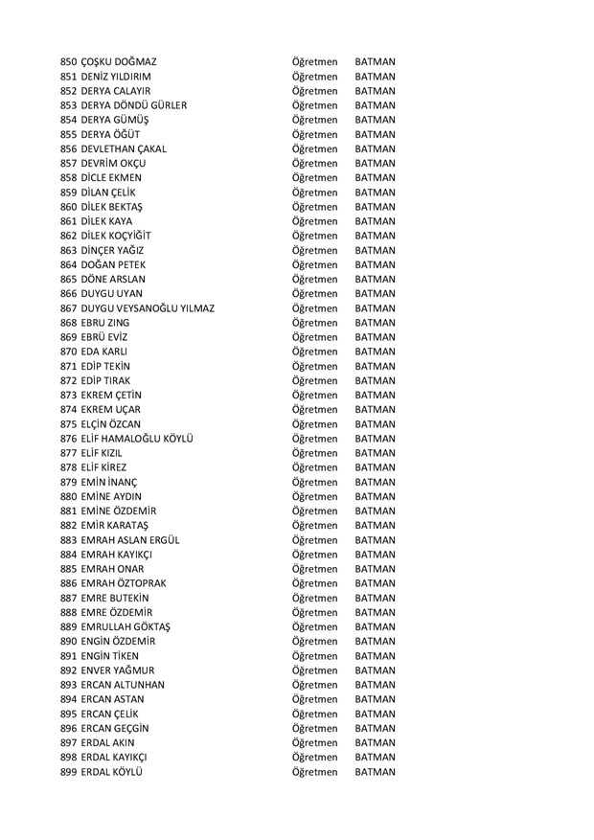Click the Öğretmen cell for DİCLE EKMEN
coord(315,178)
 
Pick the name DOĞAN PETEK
coord(116,264)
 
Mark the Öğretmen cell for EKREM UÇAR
coord(315,410)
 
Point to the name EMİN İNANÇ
coord(110,482)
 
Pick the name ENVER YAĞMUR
coord(119,670)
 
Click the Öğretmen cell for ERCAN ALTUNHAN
coord(315,685)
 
